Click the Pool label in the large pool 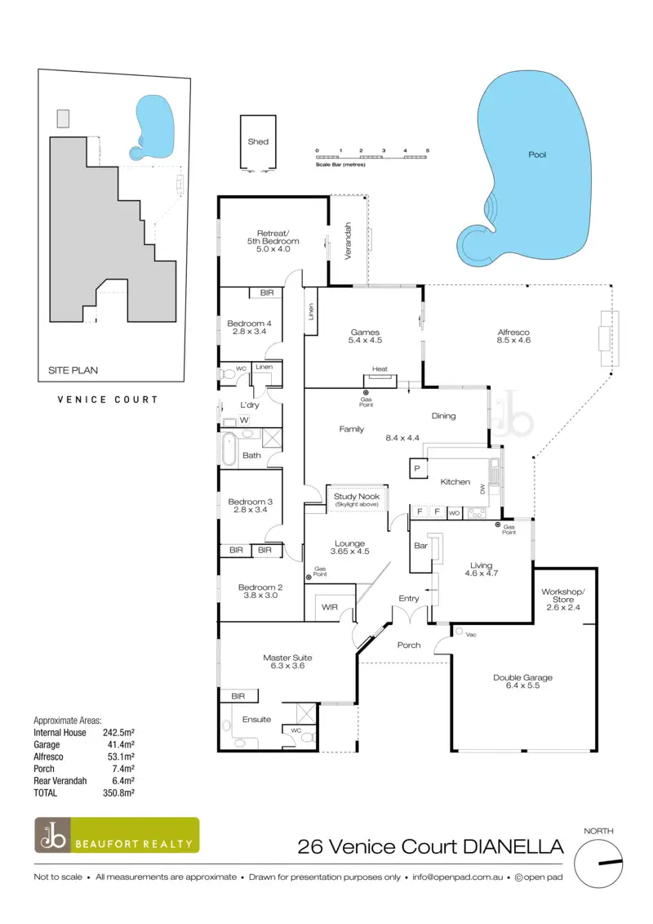point(537,154)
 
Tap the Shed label point(258,141)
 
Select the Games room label point(365,333)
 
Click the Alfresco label point(514,333)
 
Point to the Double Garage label point(522,677)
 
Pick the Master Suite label point(287,658)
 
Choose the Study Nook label point(356,497)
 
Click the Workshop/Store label point(564,596)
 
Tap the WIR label point(330,607)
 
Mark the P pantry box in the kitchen point(417,468)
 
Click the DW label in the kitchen point(483,489)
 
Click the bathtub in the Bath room point(228,449)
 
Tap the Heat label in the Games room point(380,369)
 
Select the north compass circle point(598,862)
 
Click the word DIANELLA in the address point(513,846)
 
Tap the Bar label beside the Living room point(422,545)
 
